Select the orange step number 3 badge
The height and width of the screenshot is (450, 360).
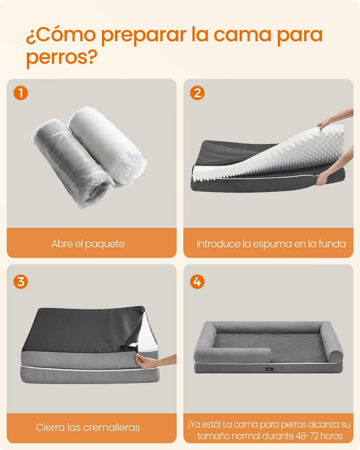pyautogui.click(x=21, y=282)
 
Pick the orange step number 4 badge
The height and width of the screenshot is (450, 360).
pyautogui.click(x=197, y=282)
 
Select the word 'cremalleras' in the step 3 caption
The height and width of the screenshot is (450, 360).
pyautogui.click(x=111, y=427)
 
